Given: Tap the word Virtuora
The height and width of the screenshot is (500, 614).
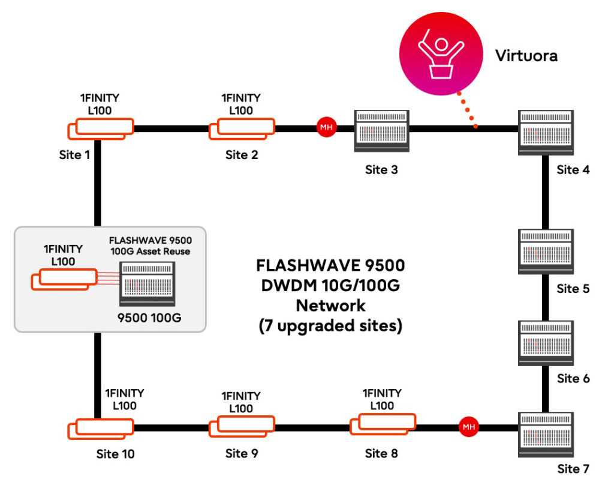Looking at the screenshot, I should point(526,56).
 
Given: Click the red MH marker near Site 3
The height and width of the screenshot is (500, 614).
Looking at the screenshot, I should point(326,128).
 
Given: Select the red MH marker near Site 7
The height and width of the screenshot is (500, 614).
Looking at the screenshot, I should point(468,427).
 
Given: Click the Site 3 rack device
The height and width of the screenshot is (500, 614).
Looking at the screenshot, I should point(381,131).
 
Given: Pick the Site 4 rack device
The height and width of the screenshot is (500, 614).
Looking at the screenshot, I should point(546,131).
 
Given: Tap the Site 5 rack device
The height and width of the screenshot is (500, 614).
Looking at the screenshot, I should point(546,250).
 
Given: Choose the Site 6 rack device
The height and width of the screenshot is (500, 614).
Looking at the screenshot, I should point(546,343).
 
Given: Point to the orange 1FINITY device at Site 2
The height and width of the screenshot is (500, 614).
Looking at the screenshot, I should point(242,128).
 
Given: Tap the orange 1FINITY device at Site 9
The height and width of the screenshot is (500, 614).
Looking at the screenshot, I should point(241,426).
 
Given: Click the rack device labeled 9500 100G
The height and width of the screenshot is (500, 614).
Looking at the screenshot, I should point(148,286).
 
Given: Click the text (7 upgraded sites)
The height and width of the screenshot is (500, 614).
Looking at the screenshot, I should point(330,327).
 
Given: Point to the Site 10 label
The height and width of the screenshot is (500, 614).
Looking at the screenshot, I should point(116,454).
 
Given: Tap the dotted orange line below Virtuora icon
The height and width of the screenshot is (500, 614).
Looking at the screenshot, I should point(467,110).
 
